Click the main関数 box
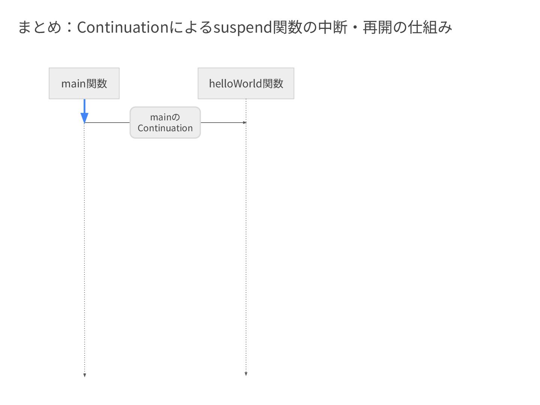point(84,83)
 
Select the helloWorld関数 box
point(246,83)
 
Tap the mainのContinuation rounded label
point(165,123)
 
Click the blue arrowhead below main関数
point(84,117)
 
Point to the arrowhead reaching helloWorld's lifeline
point(244,123)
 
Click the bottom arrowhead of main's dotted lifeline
point(85,375)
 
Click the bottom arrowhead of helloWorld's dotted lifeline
point(246,373)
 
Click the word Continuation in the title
point(123,27)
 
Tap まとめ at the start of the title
point(39,27)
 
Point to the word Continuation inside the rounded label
point(165,128)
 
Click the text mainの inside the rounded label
point(165,117)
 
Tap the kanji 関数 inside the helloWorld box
point(273,83)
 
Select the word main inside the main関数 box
point(73,84)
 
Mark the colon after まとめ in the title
point(69,27)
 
